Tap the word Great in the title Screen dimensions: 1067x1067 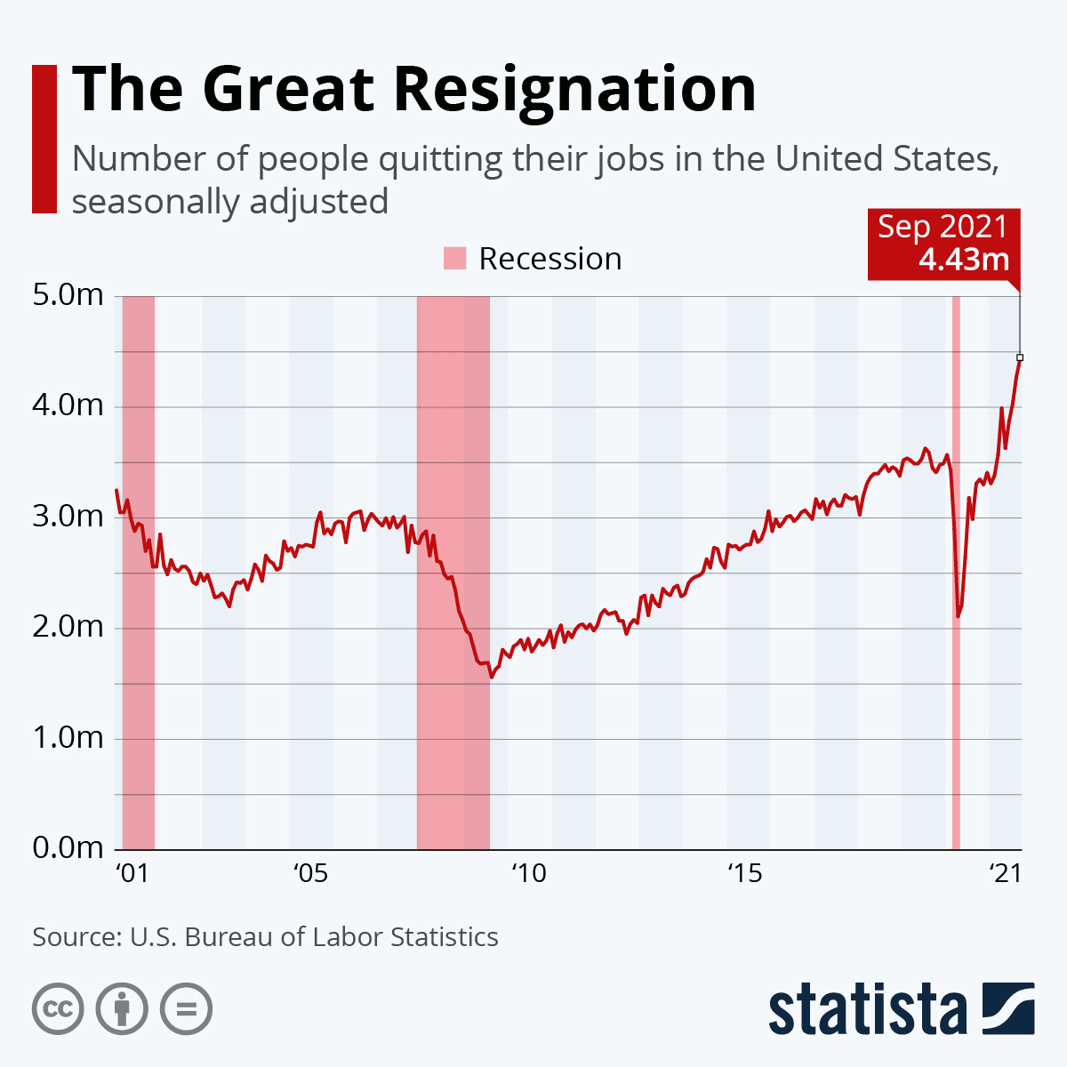point(288,89)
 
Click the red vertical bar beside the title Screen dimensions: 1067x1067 point(44,139)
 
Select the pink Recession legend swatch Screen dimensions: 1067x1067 point(454,259)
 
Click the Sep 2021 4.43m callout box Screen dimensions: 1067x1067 point(943,243)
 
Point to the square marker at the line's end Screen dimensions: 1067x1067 point(1020,357)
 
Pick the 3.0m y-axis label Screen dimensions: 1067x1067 point(68,517)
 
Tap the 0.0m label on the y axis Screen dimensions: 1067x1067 point(68,848)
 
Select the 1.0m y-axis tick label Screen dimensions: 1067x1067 point(68,738)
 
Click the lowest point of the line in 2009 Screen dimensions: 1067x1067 point(491,677)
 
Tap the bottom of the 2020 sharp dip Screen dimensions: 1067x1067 point(959,616)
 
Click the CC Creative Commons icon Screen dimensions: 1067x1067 point(58,1009)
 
